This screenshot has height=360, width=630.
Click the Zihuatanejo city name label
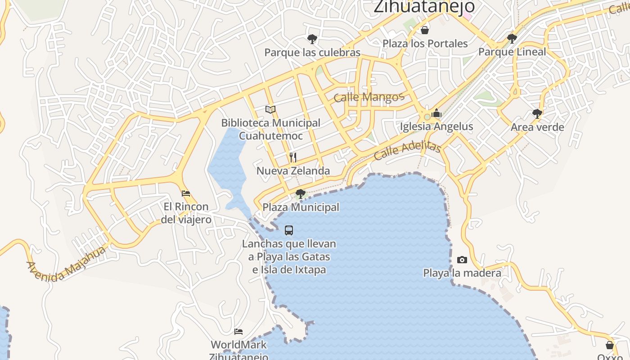pos(424,6)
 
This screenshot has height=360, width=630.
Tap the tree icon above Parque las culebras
pos(312,39)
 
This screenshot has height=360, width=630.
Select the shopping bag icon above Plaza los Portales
pos(424,30)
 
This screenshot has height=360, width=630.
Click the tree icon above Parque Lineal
pos(512,38)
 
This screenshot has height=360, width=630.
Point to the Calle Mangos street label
pos(369,97)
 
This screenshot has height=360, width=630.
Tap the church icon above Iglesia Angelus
pos(436,113)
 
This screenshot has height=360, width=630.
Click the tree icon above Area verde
pos(537,113)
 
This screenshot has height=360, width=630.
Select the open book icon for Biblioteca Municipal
pos(270,109)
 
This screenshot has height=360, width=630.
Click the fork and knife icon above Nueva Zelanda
pos(293,157)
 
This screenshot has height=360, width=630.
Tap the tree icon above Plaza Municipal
pos(300,194)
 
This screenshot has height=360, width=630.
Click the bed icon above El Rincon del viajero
pos(185,193)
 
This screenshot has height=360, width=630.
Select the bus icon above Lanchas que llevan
pos(289,230)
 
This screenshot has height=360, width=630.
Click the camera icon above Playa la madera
pos(462,260)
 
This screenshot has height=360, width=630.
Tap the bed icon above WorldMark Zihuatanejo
pos(238,332)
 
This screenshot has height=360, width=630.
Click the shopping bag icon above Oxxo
pos(609,345)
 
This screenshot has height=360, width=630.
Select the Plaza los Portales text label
pos(425,44)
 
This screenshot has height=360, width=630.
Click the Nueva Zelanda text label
pos(293,171)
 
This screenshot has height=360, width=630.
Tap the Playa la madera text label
pos(462,273)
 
